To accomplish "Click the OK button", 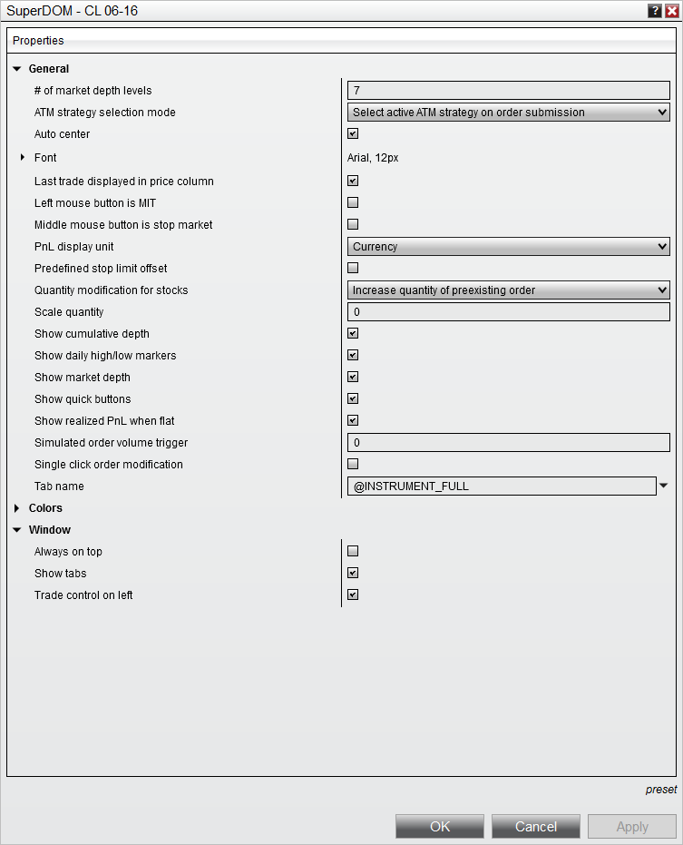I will (x=440, y=826).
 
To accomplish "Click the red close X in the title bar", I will (x=671, y=11).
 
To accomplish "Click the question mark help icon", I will (x=654, y=11).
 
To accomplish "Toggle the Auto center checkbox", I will (x=353, y=134).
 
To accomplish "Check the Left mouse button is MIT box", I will (x=353, y=203).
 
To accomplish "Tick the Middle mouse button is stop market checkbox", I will (x=353, y=225).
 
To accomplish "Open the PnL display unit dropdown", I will (x=508, y=247).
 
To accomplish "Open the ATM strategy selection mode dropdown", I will (x=508, y=113).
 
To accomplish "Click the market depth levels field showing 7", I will (x=508, y=91).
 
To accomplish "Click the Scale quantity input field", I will (x=508, y=312).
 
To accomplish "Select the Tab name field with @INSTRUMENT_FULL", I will (x=501, y=486).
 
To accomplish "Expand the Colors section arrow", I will (x=16, y=508).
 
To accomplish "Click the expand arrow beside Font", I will (x=23, y=158).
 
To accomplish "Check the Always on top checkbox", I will (x=353, y=552).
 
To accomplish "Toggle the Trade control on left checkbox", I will (x=353, y=595).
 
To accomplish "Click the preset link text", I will (x=660, y=790).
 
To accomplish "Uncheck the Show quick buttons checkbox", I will (x=353, y=399).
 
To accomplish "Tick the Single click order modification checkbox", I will (x=353, y=465).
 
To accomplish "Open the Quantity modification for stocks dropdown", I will (x=508, y=290).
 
